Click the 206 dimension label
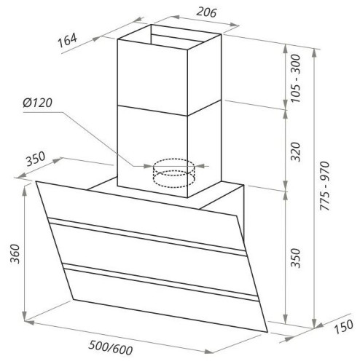coord(206,12)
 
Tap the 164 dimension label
coord(67,40)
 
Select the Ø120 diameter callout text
coord(38,103)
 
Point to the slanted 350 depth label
coord(36,159)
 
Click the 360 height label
coord(15,253)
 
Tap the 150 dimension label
coord(344,326)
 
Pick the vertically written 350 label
coord(296,258)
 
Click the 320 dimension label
coord(296,151)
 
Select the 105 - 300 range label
coord(296,79)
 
